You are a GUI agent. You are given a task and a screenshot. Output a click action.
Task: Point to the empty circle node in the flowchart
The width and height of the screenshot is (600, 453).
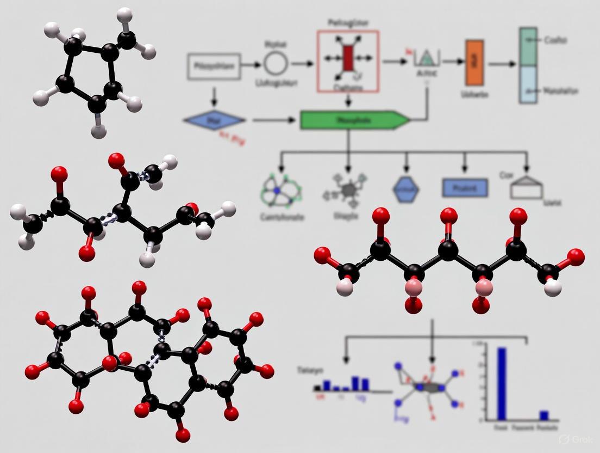point(276,64)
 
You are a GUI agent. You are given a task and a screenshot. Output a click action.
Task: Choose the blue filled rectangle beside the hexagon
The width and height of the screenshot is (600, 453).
point(465,188)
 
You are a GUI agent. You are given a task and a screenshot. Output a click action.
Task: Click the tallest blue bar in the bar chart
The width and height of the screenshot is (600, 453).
point(502,383)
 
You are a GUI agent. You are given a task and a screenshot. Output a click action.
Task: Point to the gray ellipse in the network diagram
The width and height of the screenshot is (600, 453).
point(429,387)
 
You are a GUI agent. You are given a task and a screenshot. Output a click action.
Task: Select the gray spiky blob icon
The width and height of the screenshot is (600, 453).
point(348,191)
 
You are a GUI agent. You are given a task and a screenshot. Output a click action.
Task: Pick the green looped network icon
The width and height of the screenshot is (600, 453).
point(282,191)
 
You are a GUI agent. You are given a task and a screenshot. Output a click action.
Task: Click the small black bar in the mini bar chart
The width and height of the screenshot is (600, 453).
point(317,388)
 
